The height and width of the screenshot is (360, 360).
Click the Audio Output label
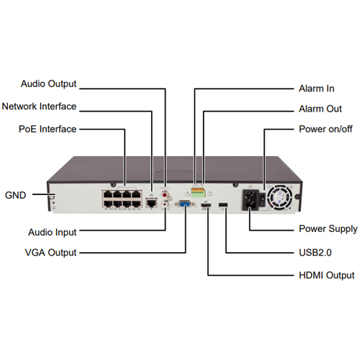click(48, 84)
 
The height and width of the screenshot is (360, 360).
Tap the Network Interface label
click(39, 107)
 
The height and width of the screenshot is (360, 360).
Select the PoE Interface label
click(48, 129)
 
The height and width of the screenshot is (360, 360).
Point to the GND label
click(15, 195)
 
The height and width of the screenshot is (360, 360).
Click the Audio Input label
click(53, 233)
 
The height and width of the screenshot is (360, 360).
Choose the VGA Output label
click(50, 253)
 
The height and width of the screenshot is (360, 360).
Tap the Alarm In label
click(317, 89)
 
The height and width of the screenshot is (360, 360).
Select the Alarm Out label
click(320, 109)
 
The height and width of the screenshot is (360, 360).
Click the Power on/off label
click(325, 129)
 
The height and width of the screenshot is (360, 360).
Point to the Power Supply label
click(328, 229)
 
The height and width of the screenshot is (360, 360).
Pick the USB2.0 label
click(315, 253)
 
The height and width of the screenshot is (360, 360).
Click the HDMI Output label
click(327, 275)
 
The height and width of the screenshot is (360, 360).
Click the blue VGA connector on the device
click(185, 204)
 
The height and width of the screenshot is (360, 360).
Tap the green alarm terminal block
click(198, 192)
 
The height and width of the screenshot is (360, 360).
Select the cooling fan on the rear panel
click(280, 197)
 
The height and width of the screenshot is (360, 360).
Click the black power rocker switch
click(262, 199)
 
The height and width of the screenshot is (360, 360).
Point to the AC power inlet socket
click(251, 200)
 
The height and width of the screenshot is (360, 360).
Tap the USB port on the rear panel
click(223, 204)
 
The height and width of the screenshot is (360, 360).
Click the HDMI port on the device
click(206, 205)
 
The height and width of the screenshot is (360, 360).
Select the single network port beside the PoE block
click(151, 203)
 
